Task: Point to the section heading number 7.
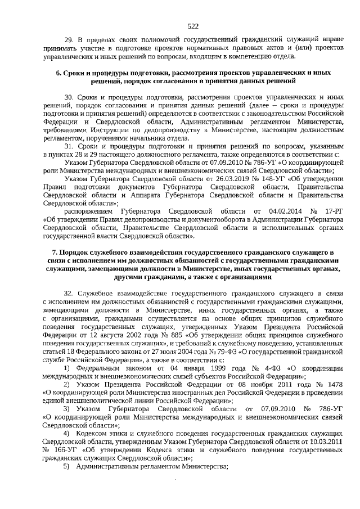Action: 54,253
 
